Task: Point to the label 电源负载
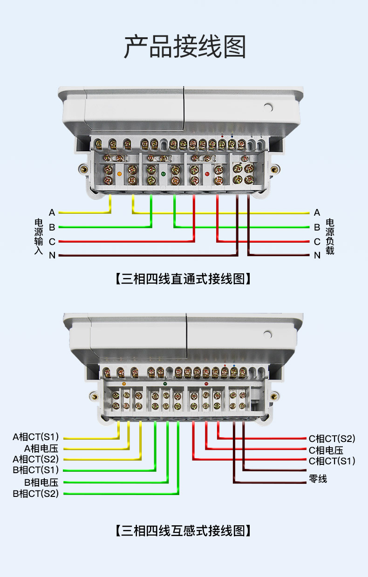tap(330, 237)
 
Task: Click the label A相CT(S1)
tap(36, 437)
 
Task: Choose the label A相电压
tap(41, 448)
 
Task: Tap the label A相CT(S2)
tap(36, 459)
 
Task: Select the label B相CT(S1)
tap(36, 470)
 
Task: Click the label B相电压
tap(41, 482)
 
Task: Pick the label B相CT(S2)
tap(36, 494)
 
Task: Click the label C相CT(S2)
tap(332, 438)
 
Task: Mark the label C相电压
tap(326, 450)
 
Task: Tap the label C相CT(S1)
tap(332, 461)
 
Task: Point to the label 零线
tap(318, 479)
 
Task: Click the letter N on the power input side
tap(52, 255)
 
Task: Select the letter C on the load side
tap(317, 242)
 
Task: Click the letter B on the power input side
tap(52, 227)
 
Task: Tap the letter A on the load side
tap(317, 213)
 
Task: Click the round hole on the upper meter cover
tap(267, 107)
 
